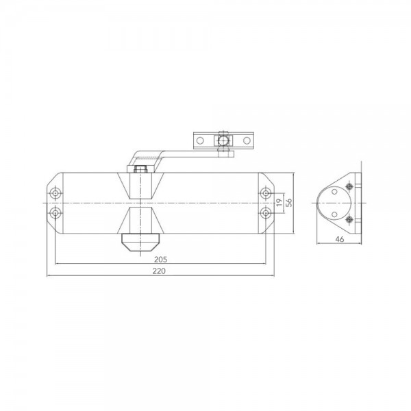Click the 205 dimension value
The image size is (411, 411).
click(x=161, y=259)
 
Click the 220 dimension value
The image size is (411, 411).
click(x=161, y=271)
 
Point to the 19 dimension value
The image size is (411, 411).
click(x=279, y=203)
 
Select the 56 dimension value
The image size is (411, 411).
click(x=290, y=203)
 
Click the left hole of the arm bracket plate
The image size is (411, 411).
click(x=200, y=140)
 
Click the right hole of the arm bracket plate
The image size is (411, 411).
click(x=247, y=140)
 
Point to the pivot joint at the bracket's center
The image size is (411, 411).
click(x=223, y=140)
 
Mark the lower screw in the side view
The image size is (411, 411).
click(x=350, y=219)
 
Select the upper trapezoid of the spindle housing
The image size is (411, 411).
click(x=140, y=186)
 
